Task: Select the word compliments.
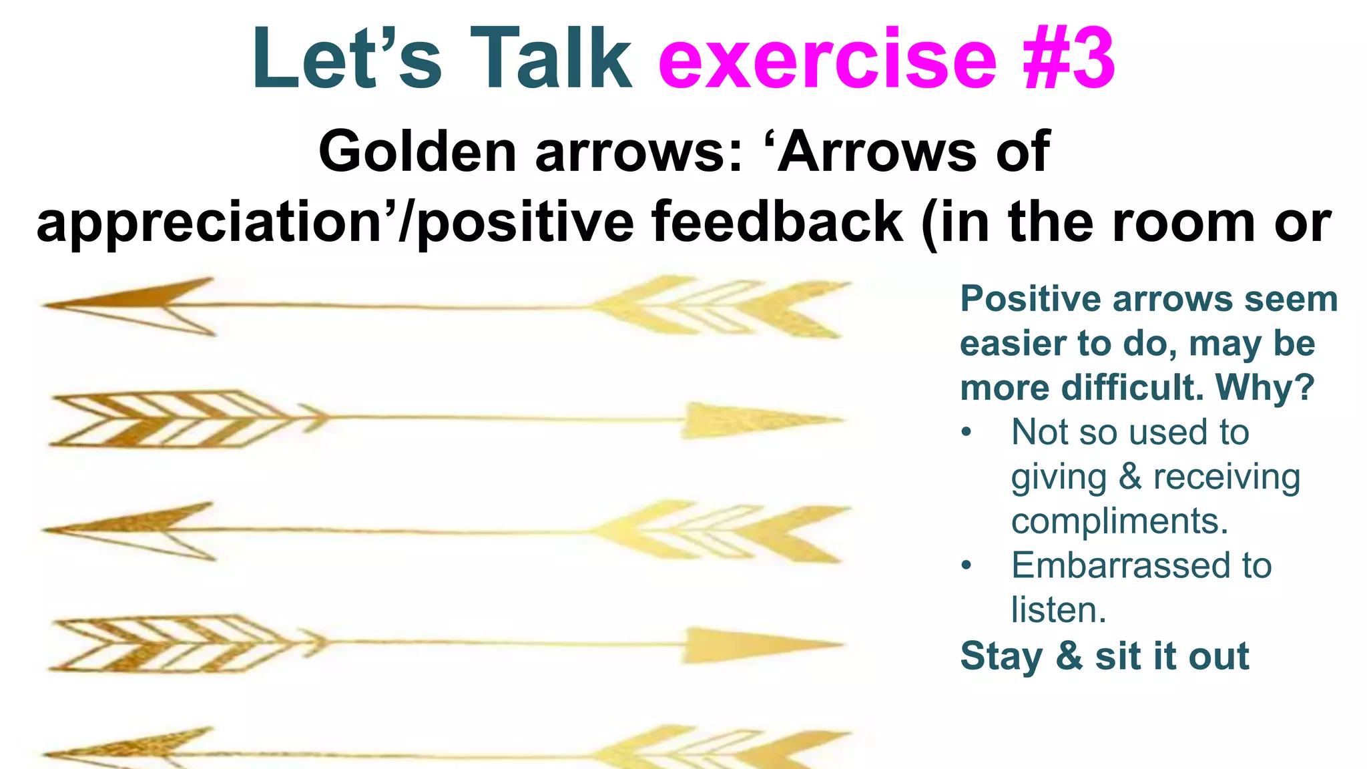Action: pos(1119,521)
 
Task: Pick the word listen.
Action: pos(1058,610)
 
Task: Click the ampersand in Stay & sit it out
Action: pos(1069,656)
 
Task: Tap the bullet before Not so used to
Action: pos(967,433)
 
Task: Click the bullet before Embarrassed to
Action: pos(967,566)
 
